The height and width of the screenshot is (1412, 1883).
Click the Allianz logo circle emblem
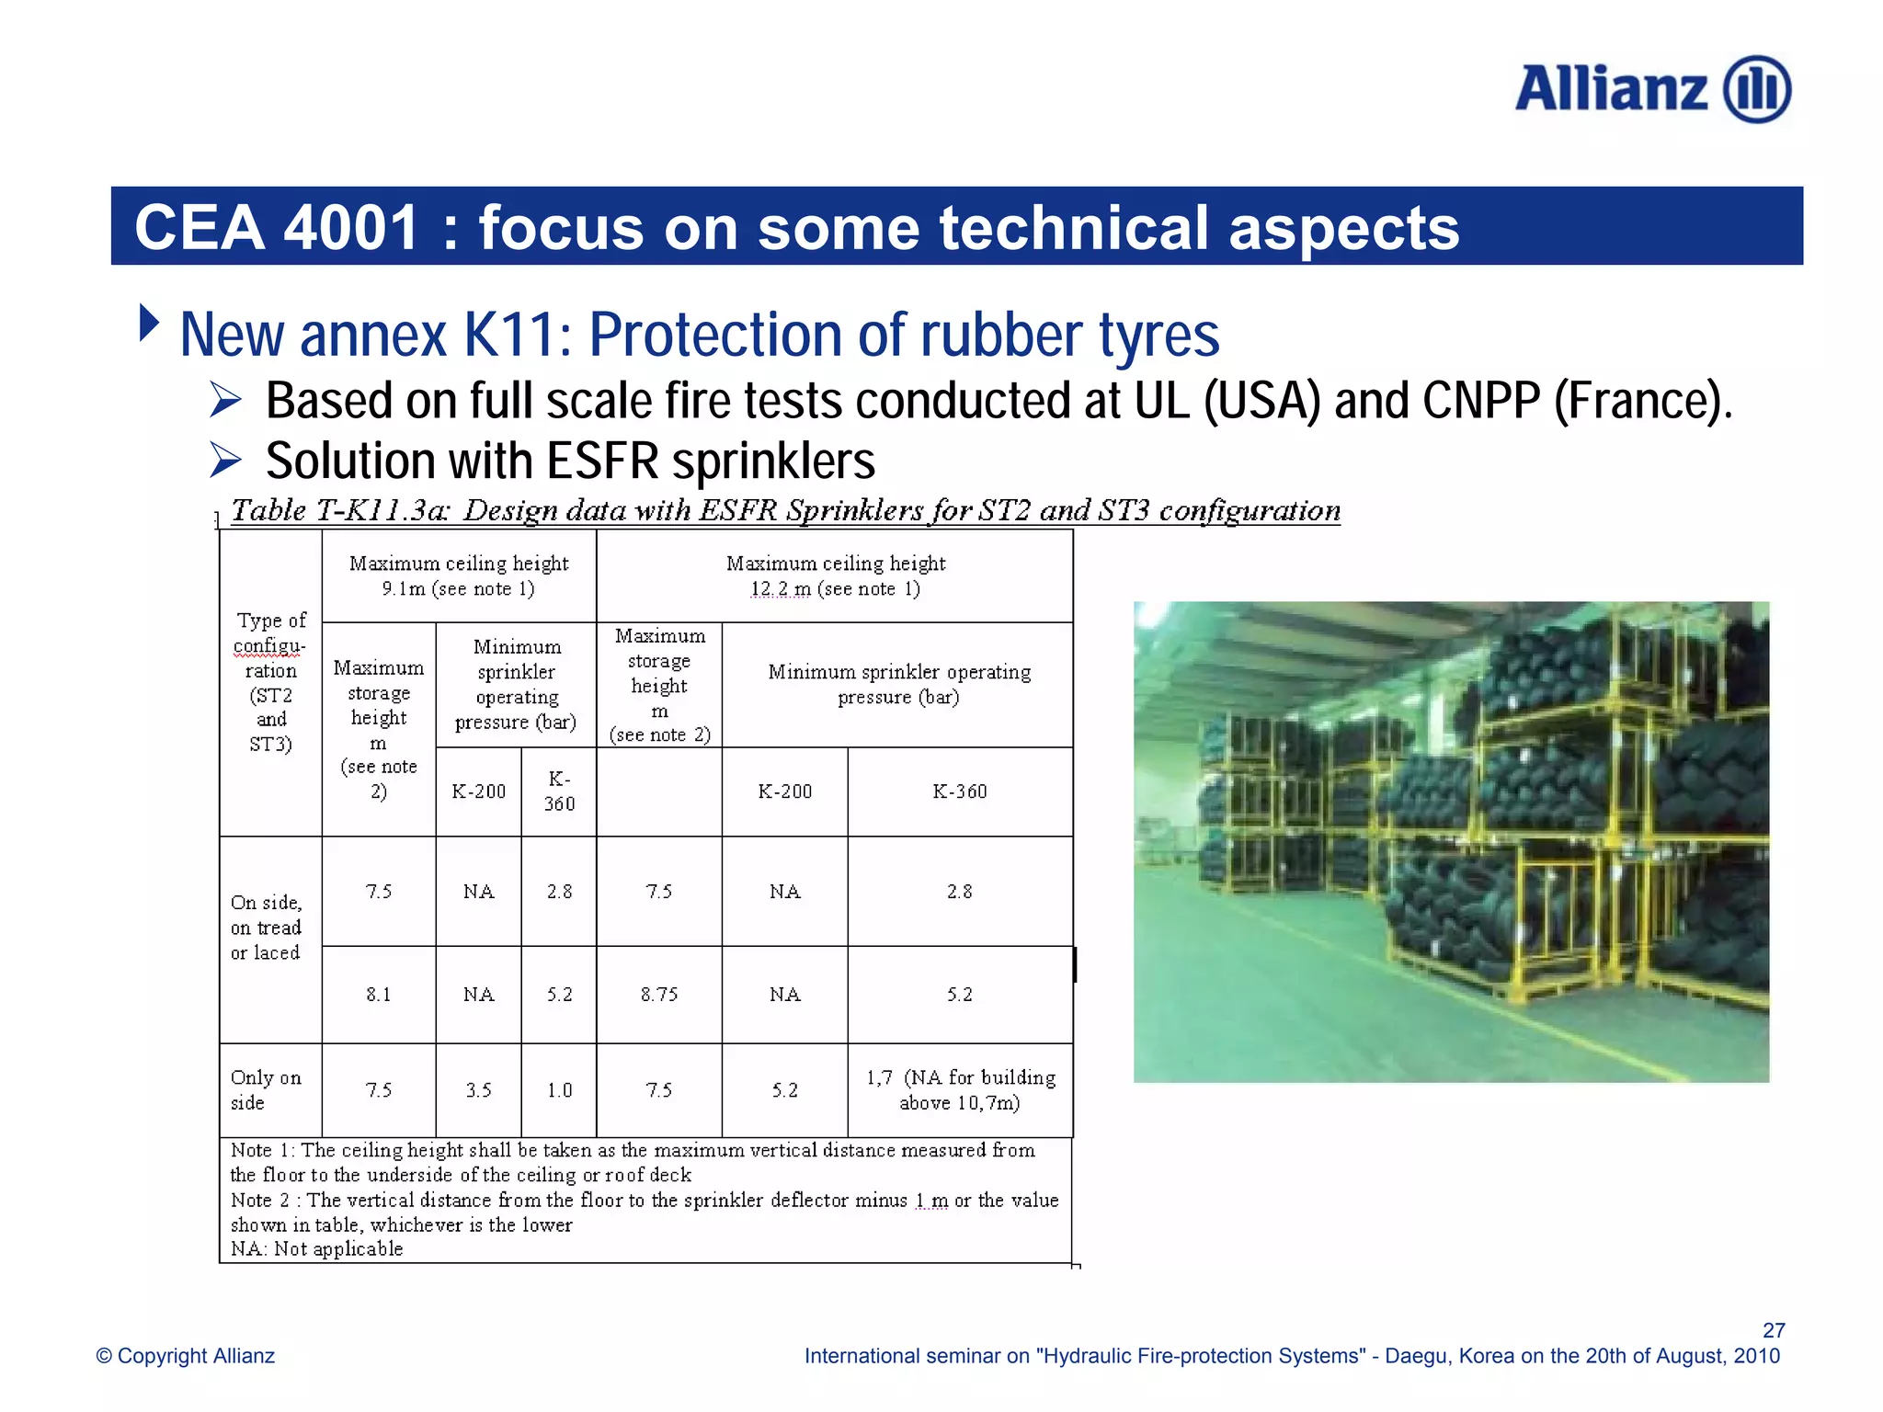pos(1756,89)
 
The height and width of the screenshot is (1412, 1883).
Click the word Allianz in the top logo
pos(1611,89)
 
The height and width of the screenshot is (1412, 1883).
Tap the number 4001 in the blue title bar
pos(352,227)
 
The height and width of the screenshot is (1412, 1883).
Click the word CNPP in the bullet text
pos(1480,401)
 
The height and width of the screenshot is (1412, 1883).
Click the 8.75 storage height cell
pos(659,995)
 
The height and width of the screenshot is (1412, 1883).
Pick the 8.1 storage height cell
pos(378,995)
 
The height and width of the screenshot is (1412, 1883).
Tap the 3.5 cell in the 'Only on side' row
pos(478,1090)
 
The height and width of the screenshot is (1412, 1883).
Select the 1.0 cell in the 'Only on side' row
pos(559,1090)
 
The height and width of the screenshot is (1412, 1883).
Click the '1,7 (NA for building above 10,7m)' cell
pos(960,1090)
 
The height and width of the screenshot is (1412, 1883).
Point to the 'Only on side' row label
pos(265,1090)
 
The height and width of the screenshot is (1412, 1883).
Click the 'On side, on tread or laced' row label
pos(266,928)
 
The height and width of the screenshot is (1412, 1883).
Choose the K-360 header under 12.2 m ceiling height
pos(960,791)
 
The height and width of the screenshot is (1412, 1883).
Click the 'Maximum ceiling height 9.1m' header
pos(459,575)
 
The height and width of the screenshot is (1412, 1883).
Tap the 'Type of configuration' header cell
pos(270,682)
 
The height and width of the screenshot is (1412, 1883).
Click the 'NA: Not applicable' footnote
pos(316,1249)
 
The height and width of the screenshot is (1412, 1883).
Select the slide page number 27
pos(1774,1330)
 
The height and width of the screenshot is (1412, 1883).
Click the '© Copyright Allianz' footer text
pos(186,1356)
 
